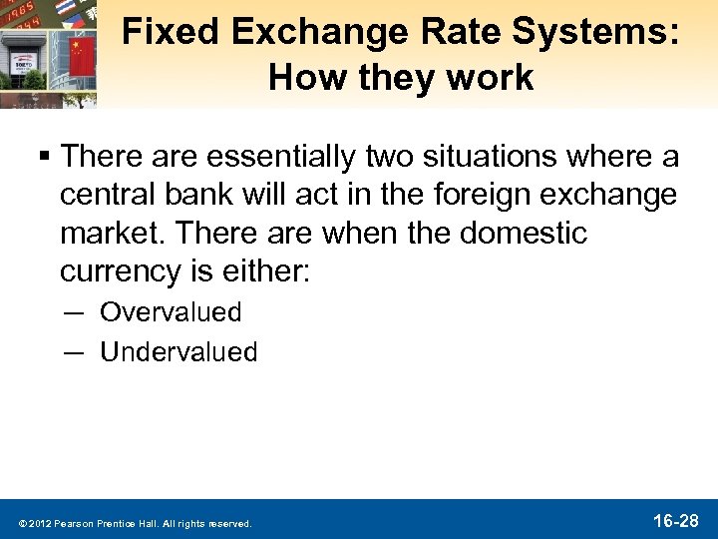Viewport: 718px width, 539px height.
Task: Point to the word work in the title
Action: tap(485, 78)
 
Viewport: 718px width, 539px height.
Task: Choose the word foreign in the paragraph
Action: tap(470, 195)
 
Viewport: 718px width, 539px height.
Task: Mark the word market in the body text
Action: tap(112, 233)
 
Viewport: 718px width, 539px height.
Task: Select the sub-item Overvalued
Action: tap(171, 312)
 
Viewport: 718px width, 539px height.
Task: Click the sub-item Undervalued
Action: tap(179, 351)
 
